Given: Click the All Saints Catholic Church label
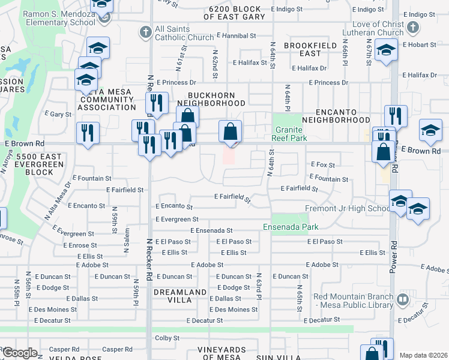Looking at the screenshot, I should [184, 33].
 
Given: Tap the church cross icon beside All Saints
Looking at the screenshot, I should [145, 32].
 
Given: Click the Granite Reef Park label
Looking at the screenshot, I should [291, 134].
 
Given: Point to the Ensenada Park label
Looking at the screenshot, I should [291, 227].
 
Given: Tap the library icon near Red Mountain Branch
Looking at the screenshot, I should [403, 299].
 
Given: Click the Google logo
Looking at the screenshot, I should [19, 353].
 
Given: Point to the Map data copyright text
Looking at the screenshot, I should [423, 355].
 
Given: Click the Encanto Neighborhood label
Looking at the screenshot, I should [344, 115].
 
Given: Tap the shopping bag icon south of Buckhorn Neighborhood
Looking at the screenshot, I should [230, 131].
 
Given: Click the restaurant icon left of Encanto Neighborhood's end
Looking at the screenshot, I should [396, 115].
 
